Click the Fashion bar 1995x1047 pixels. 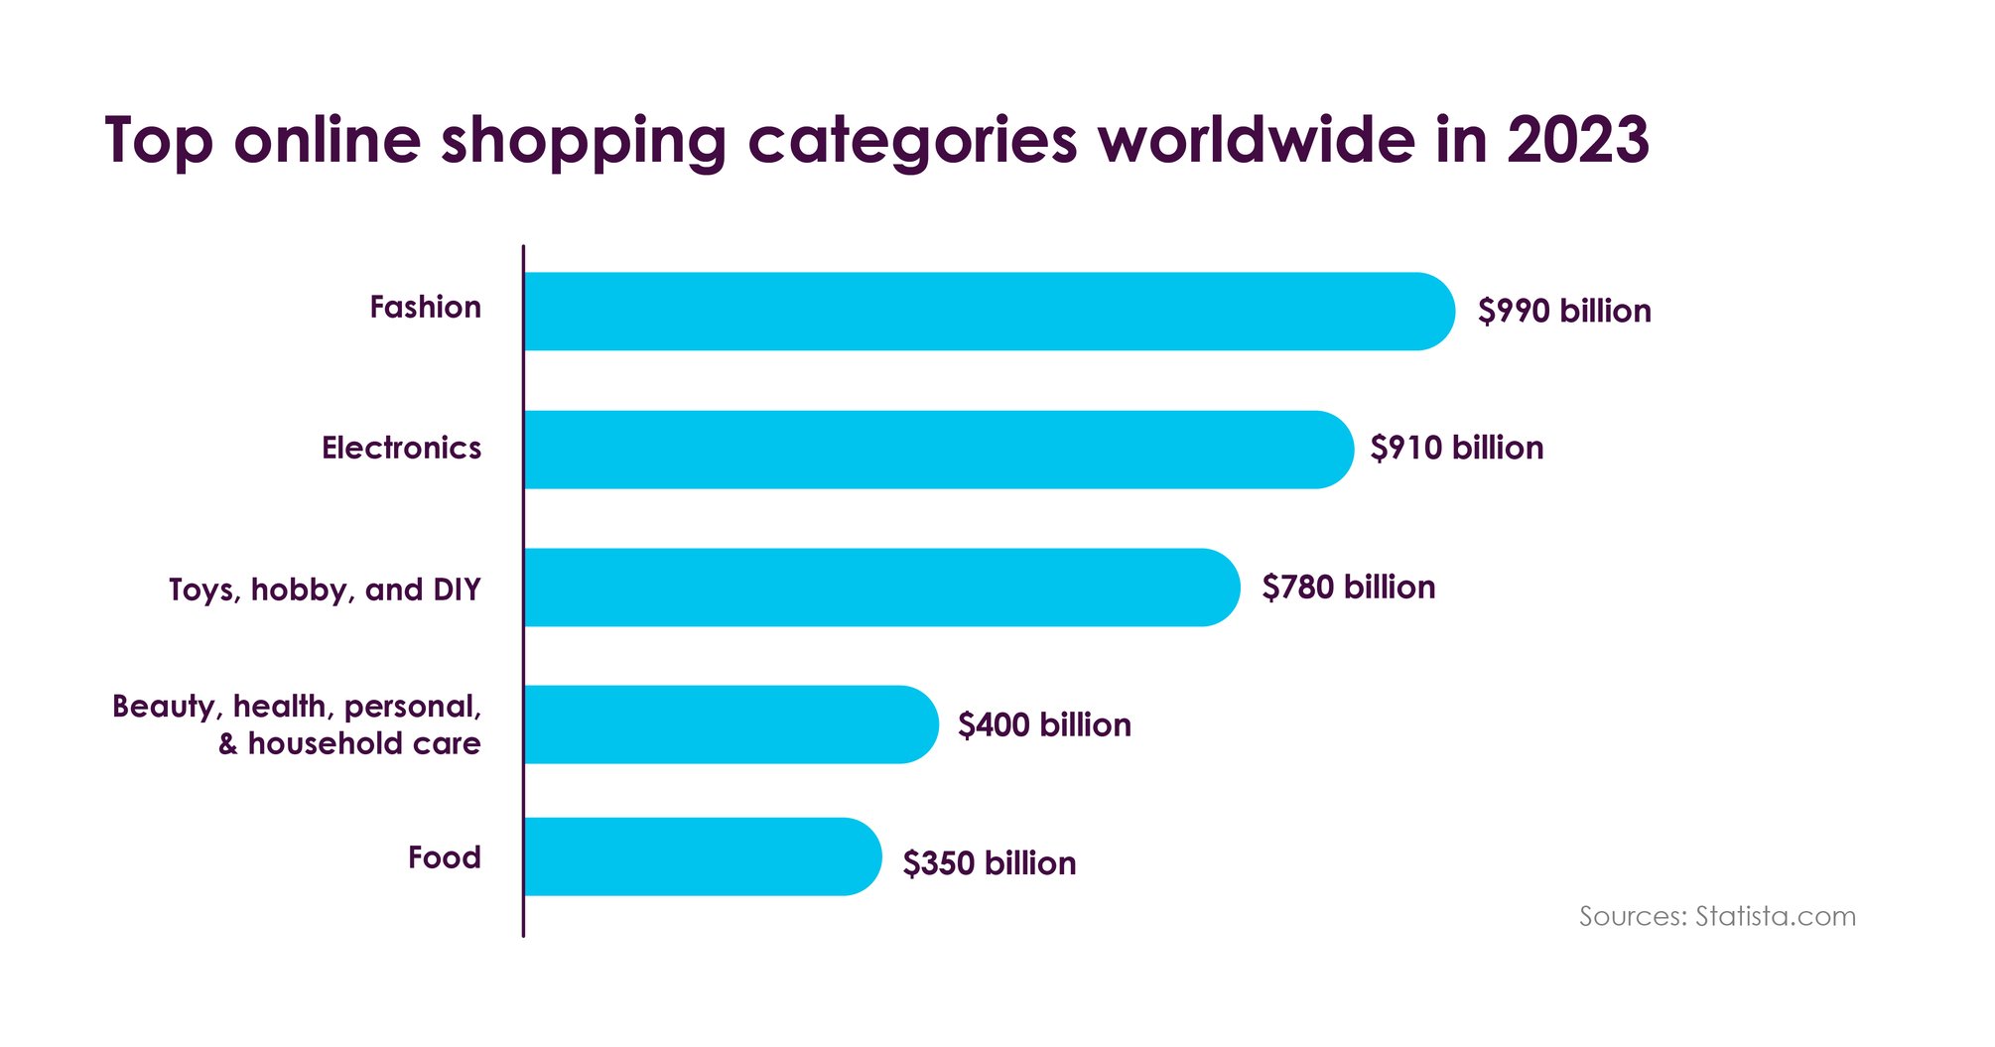click(988, 311)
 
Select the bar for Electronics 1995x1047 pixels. click(938, 449)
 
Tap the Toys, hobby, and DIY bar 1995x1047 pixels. click(881, 587)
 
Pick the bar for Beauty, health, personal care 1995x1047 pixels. click(730, 723)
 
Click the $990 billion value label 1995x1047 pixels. click(1564, 311)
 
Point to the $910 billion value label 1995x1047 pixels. click(1456, 448)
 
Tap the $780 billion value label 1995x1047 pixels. click(1348, 587)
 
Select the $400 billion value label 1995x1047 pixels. click(1044, 724)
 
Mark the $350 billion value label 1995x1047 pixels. click(989, 862)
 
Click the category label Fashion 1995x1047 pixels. click(425, 307)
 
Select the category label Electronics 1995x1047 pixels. click(401, 448)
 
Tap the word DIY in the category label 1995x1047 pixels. click(457, 589)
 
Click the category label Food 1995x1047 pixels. click(444, 856)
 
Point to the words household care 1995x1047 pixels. click(363, 743)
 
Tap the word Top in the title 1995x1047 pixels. click(159, 141)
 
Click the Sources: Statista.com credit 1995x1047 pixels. click(1717, 916)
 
